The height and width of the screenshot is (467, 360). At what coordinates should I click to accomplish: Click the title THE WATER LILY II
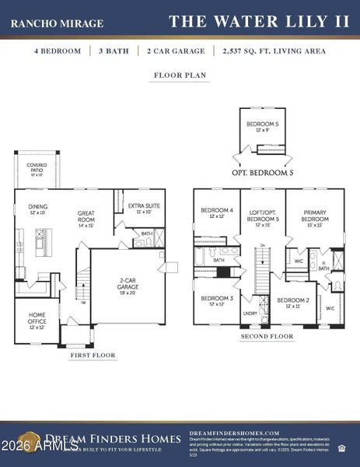[x=260, y=21]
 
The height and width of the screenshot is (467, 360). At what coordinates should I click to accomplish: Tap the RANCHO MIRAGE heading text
[x=57, y=23]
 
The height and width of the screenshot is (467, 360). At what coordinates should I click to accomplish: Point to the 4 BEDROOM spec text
[x=57, y=51]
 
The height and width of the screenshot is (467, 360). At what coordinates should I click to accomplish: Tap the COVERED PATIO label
[x=37, y=168]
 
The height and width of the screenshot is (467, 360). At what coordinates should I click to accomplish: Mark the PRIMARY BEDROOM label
[x=314, y=216]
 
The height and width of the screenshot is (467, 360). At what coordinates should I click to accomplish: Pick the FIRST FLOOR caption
[x=93, y=355]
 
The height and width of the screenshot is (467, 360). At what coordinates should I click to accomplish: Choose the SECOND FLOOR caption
[x=267, y=337]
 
